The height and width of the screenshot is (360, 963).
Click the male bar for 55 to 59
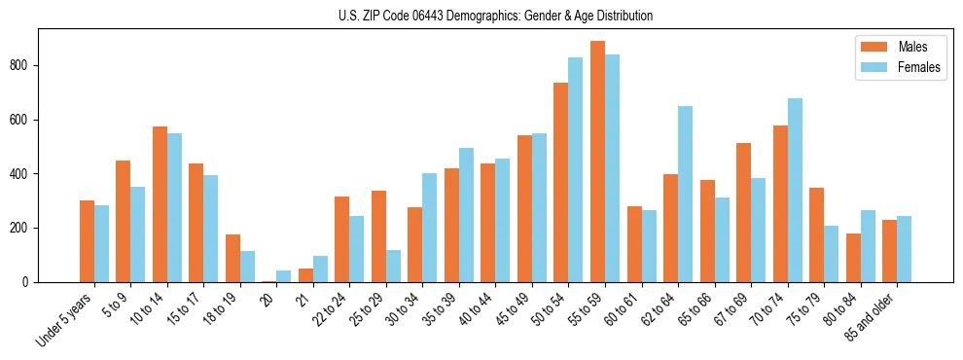(x=597, y=162)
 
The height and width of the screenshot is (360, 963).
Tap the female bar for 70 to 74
(x=795, y=191)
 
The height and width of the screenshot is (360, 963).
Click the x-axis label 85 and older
(x=879, y=316)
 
